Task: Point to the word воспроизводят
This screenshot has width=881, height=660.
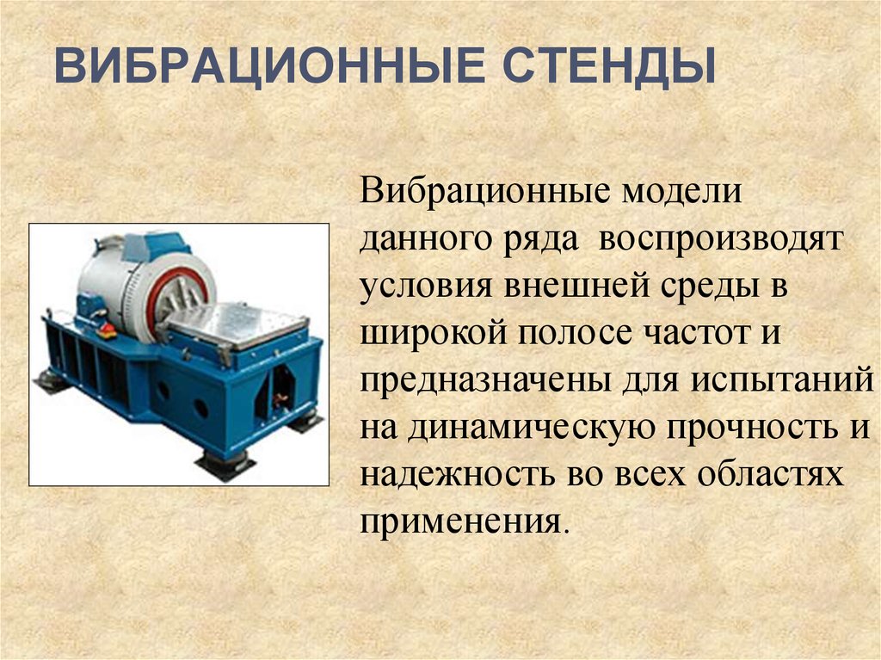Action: [x=722, y=241]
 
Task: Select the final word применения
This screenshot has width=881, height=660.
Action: [x=465, y=521]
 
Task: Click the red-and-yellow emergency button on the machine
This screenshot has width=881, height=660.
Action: [x=109, y=329]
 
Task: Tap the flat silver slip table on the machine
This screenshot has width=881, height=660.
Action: [x=236, y=323]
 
